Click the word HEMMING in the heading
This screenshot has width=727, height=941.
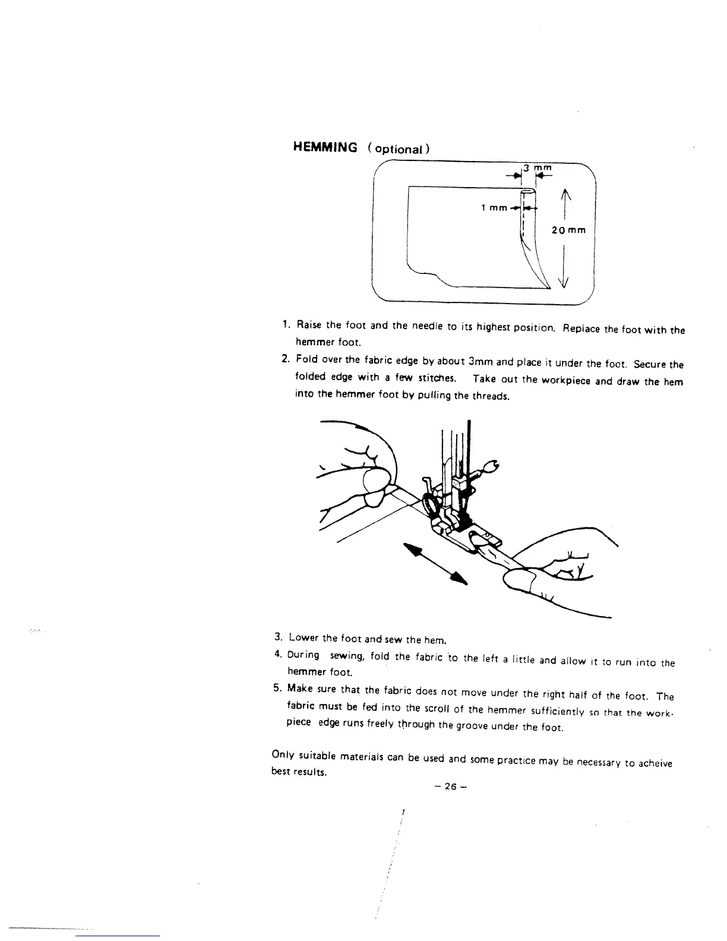(325, 147)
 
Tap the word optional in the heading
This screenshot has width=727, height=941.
(396, 149)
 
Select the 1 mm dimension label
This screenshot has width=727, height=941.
(494, 208)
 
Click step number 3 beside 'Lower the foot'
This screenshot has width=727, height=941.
(277, 637)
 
